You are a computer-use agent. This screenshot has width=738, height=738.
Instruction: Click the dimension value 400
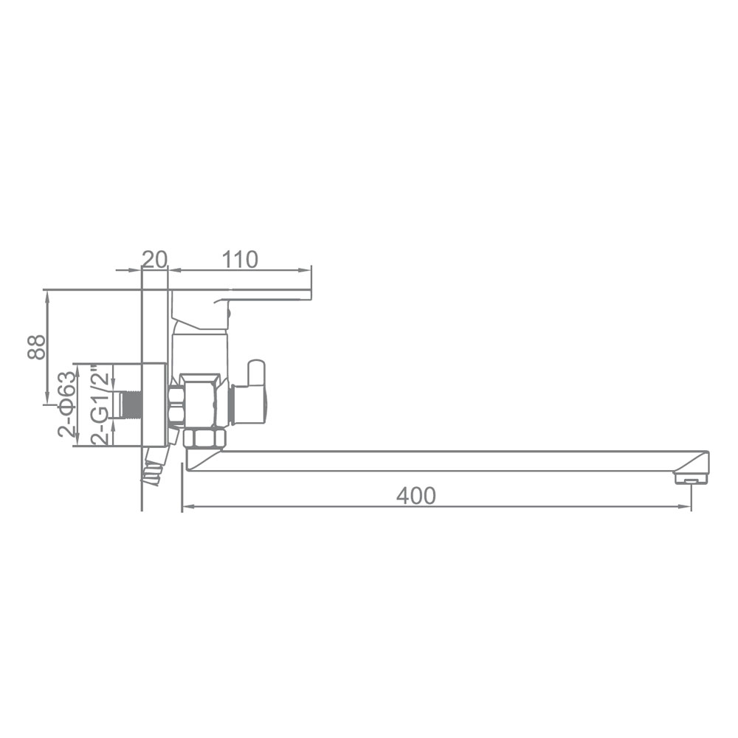tap(416, 496)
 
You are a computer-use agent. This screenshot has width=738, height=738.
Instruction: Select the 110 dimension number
tap(240, 259)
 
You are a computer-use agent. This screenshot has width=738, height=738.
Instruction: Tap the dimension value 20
tap(155, 259)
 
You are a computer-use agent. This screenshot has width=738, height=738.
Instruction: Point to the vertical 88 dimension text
tap(36, 347)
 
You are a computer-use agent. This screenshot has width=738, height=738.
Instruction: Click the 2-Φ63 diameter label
tap(66, 404)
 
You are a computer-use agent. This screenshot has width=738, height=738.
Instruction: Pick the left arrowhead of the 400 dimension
tap(188, 506)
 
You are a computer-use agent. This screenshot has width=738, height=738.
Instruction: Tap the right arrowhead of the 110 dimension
tap(305, 270)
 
